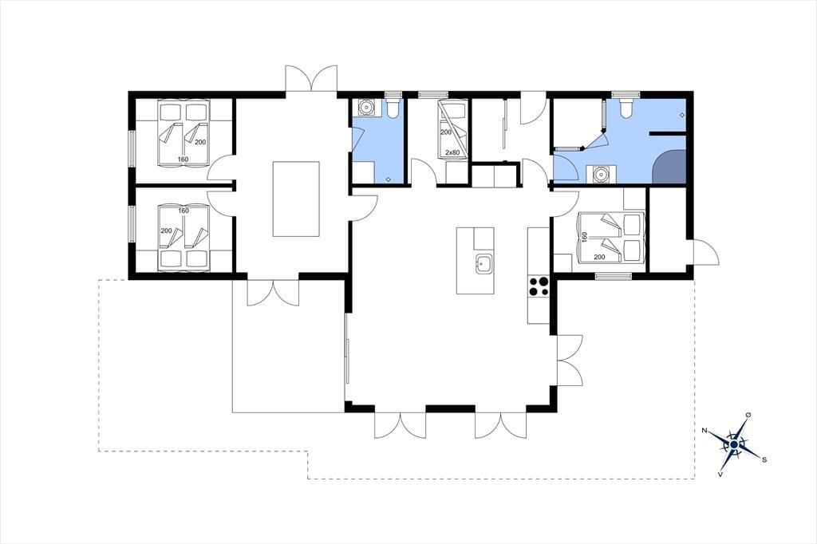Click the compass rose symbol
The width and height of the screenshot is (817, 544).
pyautogui.click(x=734, y=444)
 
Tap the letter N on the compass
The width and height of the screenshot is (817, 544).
pyautogui.click(x=705, y=431)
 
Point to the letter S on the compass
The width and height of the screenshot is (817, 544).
pyautogui.click(x=764, y=459)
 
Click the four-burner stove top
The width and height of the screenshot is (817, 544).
pyautogui.click(x=539, y=286)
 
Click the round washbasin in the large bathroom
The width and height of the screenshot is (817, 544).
pyautogui.click(x=602, y=174)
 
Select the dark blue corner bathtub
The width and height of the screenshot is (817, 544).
pyautogui.click(x=669, y=166)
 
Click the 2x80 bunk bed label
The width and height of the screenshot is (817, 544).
pyautogui.click(x=452, y=152)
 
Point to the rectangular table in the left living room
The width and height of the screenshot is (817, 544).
pyautogui.click(x=296, y=199)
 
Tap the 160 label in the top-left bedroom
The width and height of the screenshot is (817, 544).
pyautogui.click(x=183, y=160)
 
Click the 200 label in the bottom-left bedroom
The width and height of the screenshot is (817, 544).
pyautogui.click(x=166, y=231)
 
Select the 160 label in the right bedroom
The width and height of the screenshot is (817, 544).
pyautogui.click(x=584, y=238)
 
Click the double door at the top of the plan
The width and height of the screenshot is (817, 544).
pyautogui.click(x=312, y=79)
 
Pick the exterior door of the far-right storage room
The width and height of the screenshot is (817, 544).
pyautogui.click(x=705, y=253)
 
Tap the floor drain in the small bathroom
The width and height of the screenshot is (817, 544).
pyautogui.click(x=389, y=179)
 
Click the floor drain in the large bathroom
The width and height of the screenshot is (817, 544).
pyautogui.click(x=682, y=115)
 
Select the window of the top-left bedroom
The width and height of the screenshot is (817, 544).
pyautogui.click(x=132, y=148)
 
